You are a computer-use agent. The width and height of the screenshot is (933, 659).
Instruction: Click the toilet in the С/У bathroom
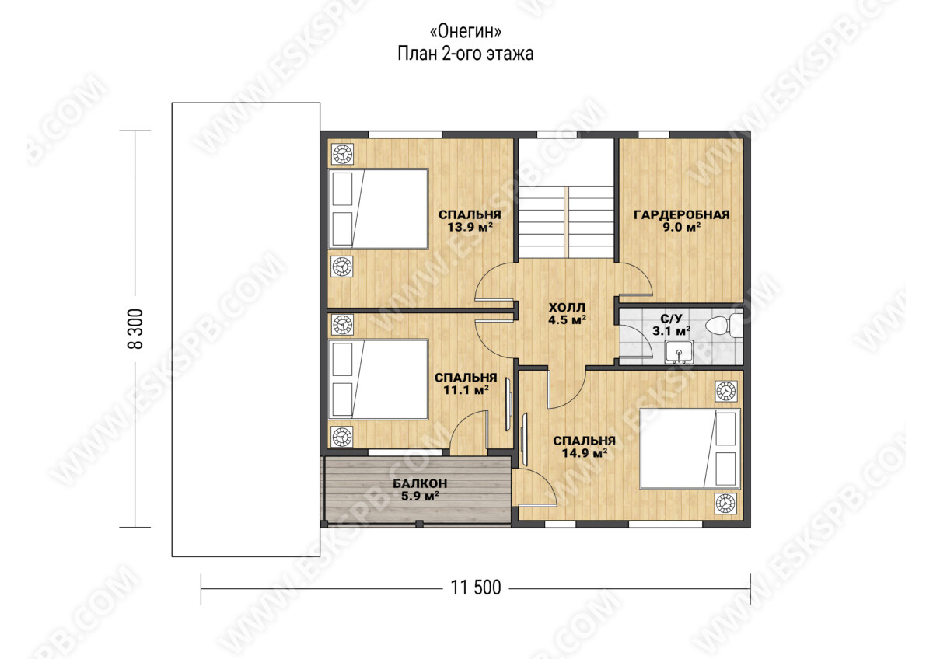[725, 325]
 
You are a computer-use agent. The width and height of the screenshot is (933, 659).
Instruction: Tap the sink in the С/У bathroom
[679, 352]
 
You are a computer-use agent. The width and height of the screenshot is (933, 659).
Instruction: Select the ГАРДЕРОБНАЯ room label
[682, 214]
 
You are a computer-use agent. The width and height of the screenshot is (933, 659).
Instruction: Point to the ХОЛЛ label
[567, 308]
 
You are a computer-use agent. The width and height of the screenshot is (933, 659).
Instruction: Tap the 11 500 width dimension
[476, 588]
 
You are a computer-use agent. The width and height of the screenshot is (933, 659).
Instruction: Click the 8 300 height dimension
[137, 329]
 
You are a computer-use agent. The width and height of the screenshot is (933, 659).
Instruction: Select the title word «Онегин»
[465, 31]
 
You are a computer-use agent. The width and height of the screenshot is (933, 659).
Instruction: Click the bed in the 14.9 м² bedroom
[690, 448]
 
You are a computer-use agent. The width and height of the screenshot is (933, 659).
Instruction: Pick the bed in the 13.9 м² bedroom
[379, 209]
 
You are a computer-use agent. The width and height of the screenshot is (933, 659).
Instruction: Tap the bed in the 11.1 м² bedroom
[379, 379]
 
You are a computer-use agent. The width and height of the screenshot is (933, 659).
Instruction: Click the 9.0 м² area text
[682, 227]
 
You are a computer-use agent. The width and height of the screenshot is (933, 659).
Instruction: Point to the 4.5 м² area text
[568, 320]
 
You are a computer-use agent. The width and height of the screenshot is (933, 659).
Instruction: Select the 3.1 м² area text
[672, 331]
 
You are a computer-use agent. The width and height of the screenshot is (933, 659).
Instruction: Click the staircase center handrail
[567, 222]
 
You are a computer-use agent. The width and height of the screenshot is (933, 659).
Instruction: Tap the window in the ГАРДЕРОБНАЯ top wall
[654, 134]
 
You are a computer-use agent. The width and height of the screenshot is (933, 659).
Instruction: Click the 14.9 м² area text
[585, 453]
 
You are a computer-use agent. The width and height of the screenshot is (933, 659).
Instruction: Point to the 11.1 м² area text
[466, 390]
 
